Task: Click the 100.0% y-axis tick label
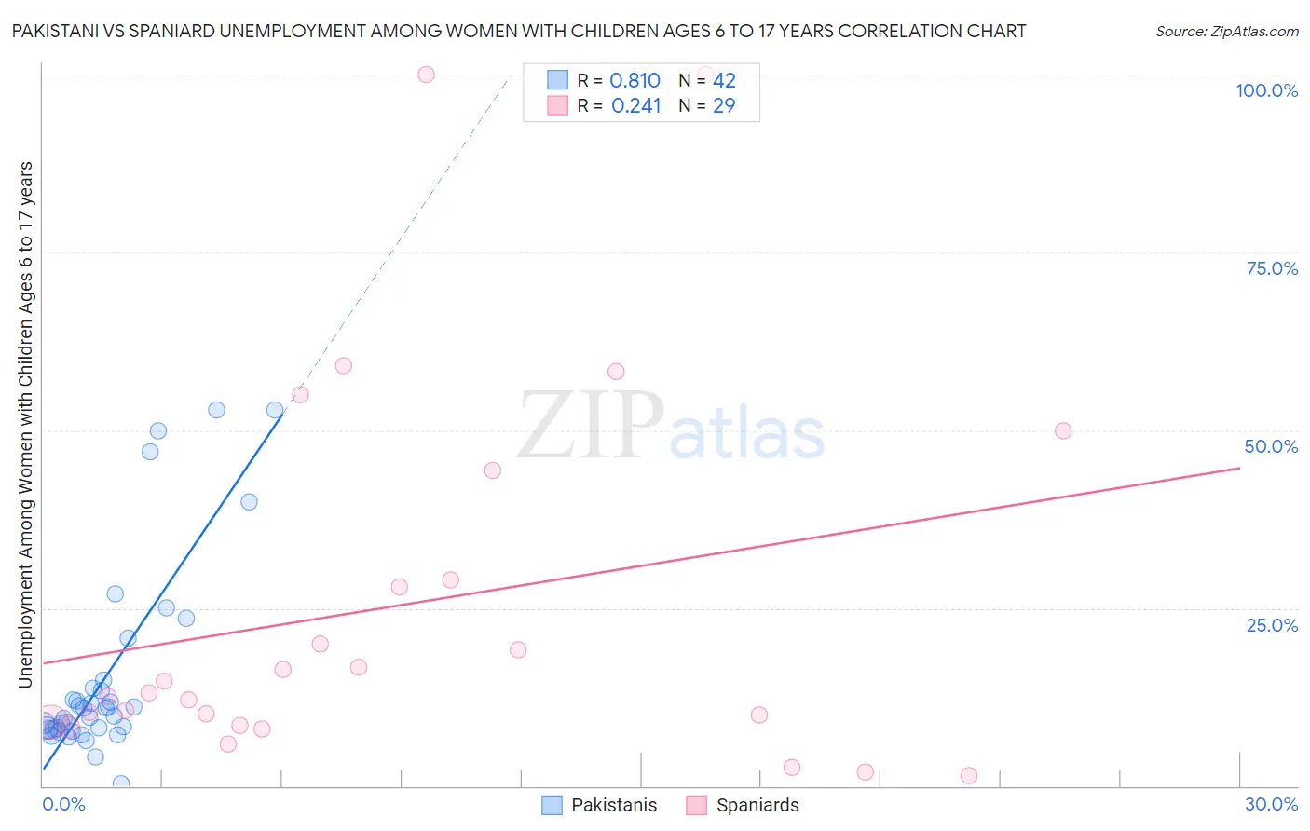tap(1266, 90)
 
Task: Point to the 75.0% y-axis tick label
tap(1272, 268)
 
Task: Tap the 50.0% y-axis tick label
tap(1271, 446)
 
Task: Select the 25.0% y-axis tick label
tap(1272, 624)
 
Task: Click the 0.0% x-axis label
tap(63, 804)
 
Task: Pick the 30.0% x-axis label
tap(1271, 804)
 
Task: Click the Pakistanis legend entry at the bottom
tap(613, 805)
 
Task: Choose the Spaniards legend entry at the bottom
tap(757, 805)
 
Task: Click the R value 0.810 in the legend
tap(635, 81)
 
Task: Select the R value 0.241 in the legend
tap(635, 106)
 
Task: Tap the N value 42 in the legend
tap(724, 81)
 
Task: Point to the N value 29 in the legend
tap(724, 106)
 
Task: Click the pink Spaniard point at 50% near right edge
tap(1063, 430)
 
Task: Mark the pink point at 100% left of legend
tap(426, 75)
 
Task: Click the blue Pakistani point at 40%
tap(249, 501)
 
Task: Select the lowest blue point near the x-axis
tap(120, 783)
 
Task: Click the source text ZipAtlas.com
tap(1226, 31)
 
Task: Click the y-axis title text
tap(25, 425)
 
